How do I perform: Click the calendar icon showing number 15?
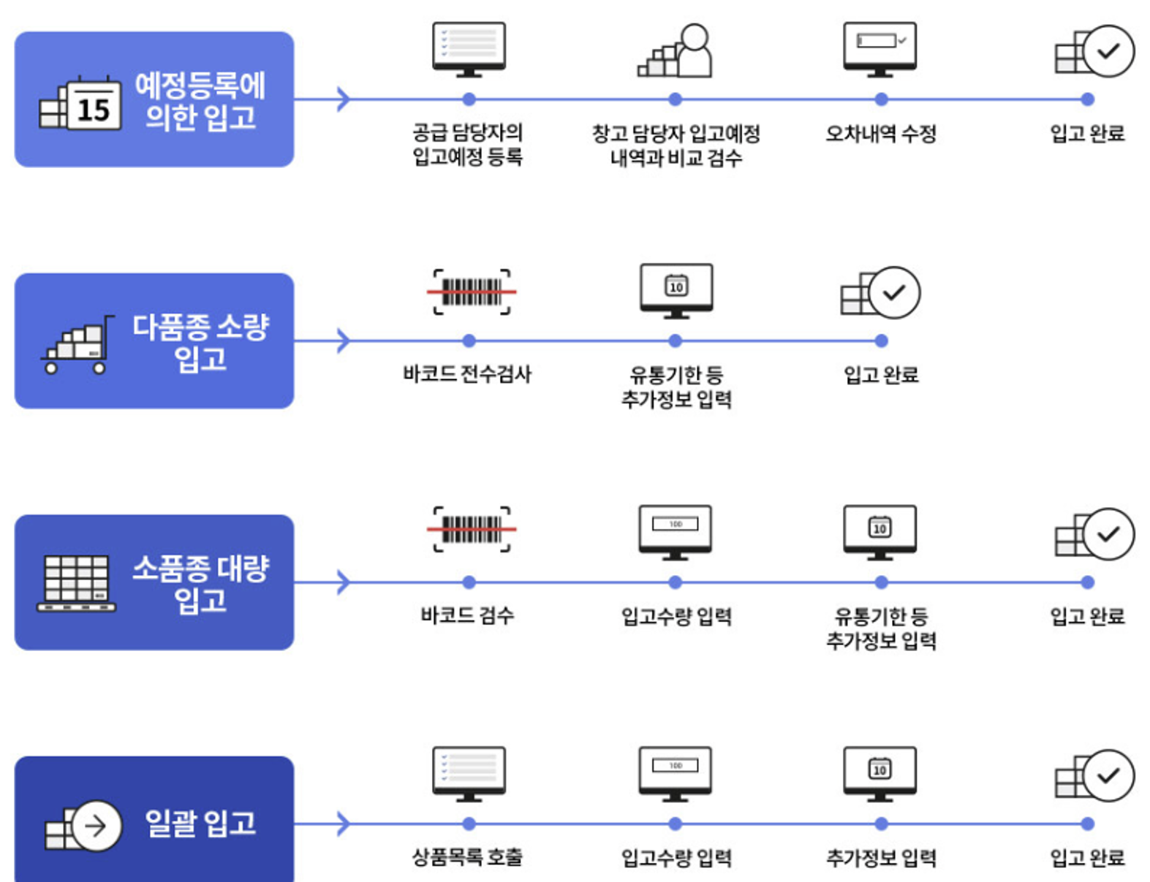point(94,104)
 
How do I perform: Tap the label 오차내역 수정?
point(880,134)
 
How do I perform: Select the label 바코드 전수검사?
point(467,374)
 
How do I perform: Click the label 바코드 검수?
point(467,615)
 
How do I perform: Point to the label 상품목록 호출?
point(467,857)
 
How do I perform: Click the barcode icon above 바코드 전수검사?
point(471,292)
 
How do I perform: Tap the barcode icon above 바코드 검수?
point(471,528)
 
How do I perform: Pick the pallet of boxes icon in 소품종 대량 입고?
point(77,583)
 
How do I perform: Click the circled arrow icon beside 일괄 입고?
point(95,826)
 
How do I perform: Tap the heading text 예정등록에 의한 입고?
point(200,101)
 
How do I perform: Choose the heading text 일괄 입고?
point(200,824)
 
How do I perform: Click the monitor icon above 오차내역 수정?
point(880,48)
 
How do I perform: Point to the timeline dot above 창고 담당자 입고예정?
point(675,99)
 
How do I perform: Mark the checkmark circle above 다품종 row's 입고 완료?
point(893,292)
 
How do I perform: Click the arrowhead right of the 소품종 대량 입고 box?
point(343,582)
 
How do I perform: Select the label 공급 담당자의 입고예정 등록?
point(467,145)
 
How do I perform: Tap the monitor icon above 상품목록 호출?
point(469,773)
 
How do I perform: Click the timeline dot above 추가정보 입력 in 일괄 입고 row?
point(881,824)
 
